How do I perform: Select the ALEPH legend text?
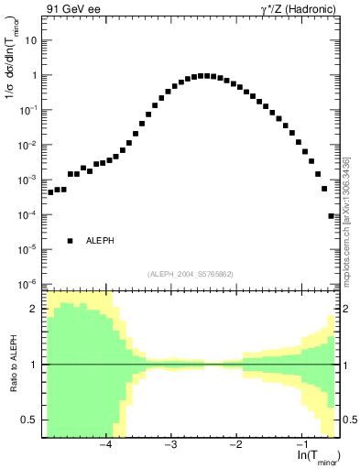100,241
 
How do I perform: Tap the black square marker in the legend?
70,241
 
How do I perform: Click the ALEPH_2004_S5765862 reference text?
190,274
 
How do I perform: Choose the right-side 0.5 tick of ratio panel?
348,420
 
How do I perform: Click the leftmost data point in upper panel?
50,192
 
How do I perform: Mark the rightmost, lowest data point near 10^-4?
331,216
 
